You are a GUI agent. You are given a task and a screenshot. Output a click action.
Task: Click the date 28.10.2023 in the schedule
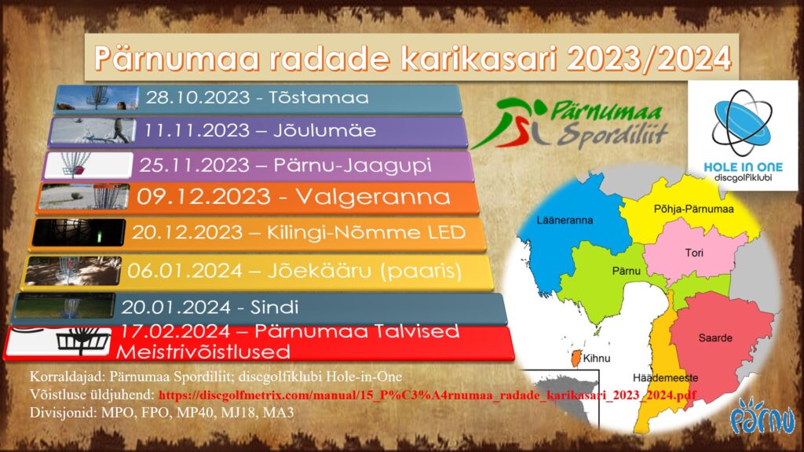click(197, 97)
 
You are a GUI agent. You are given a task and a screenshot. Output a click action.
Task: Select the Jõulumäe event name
click(324, 130)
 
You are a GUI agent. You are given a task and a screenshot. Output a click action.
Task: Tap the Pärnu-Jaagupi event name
click(353, 165)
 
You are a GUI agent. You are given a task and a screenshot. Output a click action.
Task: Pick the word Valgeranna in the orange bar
click(373, 197)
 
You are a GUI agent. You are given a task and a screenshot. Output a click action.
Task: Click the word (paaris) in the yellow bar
click(421, 271)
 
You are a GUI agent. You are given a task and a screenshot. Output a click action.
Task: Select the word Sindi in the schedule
click(274, 307)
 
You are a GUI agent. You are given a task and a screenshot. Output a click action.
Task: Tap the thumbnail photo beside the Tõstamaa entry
click(97, 98)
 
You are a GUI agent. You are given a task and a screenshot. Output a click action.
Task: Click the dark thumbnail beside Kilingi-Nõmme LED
click(79, 232)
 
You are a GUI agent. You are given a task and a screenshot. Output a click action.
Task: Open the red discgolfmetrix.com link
click(427, 395)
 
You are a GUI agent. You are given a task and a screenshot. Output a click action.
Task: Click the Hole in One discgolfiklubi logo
click(743, 136)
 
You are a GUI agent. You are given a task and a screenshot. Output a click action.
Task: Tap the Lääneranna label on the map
click(565, 221)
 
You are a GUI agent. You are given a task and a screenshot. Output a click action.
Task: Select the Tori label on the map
click(694, 253)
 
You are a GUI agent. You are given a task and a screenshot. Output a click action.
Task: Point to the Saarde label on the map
click(715, 337)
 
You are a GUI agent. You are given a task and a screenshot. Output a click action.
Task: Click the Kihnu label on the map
click(597, 358)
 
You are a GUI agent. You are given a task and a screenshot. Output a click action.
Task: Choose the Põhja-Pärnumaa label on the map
click(694, 209)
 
